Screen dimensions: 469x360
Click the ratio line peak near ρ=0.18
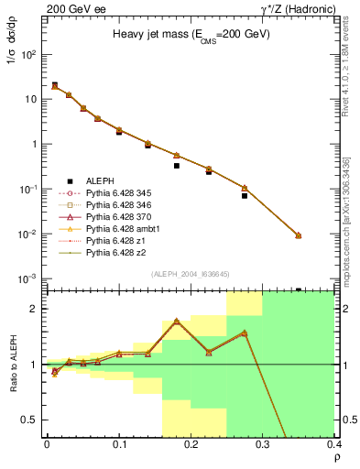tap(176, 321)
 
